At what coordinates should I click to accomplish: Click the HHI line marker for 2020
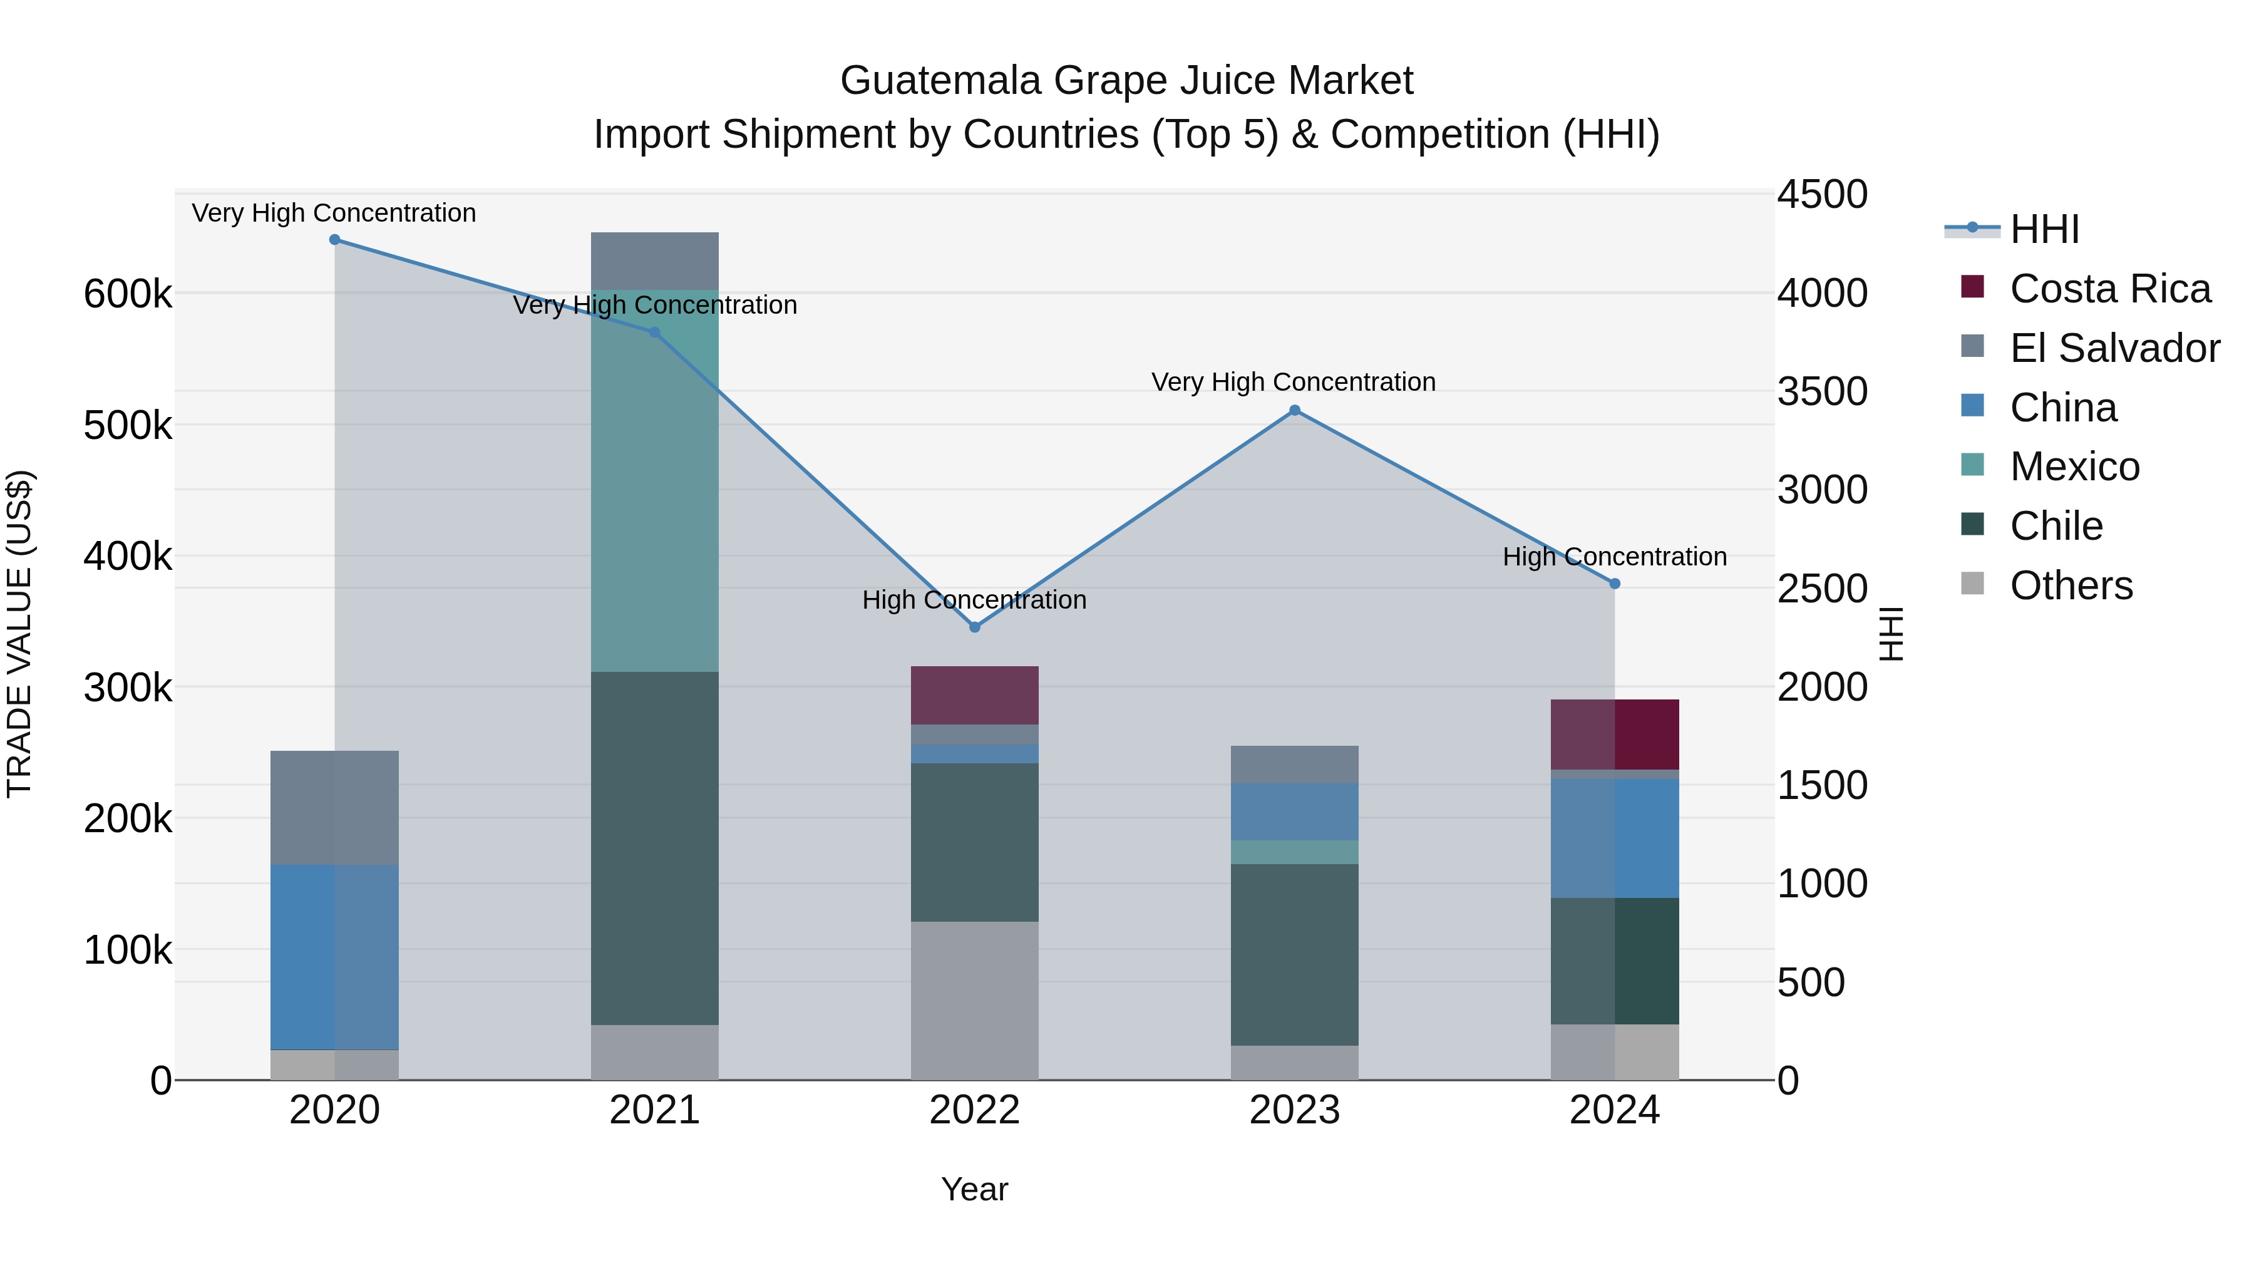[x=334, y=240]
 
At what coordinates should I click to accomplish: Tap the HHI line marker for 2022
[x=975, y=627]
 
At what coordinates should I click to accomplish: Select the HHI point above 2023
[x=1295, y=410]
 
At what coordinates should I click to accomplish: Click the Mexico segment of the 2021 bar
[x=654, y=482]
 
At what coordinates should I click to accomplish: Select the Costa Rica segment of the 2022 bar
[x=975, y=696]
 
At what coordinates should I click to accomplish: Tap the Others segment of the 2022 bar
[x=975, y=1000]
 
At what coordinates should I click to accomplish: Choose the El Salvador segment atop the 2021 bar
[x=654, y=260]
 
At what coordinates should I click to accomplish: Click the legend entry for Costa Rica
[x=2109, y=289]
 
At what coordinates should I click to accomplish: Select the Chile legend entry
[x=2056, y=526]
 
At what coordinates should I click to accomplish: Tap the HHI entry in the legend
[x=2044, y=229]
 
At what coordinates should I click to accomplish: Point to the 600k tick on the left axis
[x=128, y=294]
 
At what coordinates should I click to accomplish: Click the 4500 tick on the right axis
[x=1823, y=194]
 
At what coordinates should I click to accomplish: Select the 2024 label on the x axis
[x=1614, y=1110]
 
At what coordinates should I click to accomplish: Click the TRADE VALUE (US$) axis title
[x=19, y=634]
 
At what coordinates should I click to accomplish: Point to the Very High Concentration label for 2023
[x=1294, y=383]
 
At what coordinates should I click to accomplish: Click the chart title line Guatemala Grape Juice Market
[x=1126, y=81]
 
